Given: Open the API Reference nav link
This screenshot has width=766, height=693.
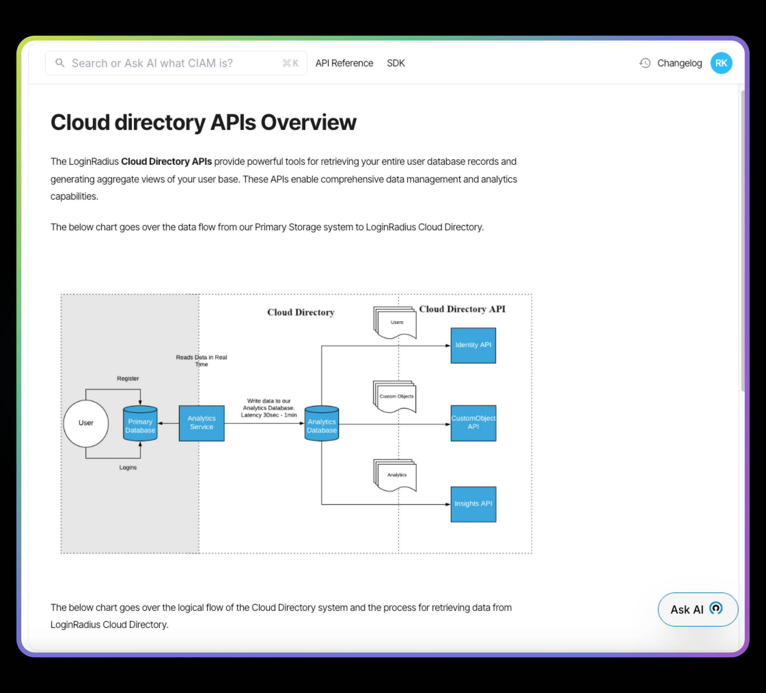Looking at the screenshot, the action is (x=344, y=63).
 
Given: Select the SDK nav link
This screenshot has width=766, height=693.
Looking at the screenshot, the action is (x=395, y=63).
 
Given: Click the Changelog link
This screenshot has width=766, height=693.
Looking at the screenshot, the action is (x=679, y=63).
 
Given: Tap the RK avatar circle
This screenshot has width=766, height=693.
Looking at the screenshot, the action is (x=721, y=63).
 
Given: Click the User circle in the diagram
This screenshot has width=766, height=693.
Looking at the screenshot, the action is (x=86, y=423).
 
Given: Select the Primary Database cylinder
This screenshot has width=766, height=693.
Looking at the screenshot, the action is (x=140, y=423).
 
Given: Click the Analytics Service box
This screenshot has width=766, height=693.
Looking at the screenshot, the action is (x=202, y=423).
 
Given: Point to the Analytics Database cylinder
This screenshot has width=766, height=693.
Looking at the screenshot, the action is (x=322, y=423).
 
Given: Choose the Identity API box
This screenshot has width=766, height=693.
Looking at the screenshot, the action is (x=474, y=345).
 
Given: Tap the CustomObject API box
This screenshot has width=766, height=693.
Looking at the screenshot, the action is (x=474, y=423).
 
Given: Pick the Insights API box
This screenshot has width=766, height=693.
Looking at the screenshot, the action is (x=474, y=504).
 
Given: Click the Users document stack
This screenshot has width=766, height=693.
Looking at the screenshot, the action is (x=395, y=322).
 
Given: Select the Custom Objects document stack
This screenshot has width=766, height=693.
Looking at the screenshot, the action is (x=395, y=397).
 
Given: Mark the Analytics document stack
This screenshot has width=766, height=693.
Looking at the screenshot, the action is (x=395, y=475).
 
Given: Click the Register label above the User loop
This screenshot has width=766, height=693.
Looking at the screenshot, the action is (x=128, y=378).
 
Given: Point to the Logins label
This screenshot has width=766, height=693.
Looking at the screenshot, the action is (x=128, y=467).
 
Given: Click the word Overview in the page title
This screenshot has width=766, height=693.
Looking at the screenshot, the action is (x=309, y=122).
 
